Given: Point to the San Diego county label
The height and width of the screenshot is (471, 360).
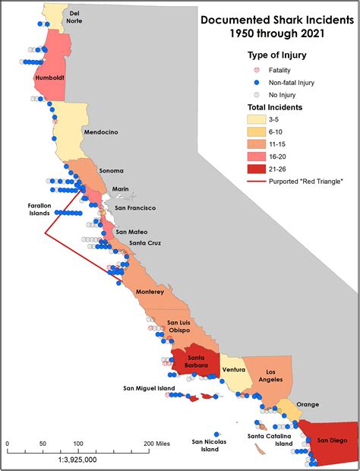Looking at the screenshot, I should click(x=332, y=440).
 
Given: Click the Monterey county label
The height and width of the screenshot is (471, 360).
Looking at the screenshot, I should click(x=149, y=292).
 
